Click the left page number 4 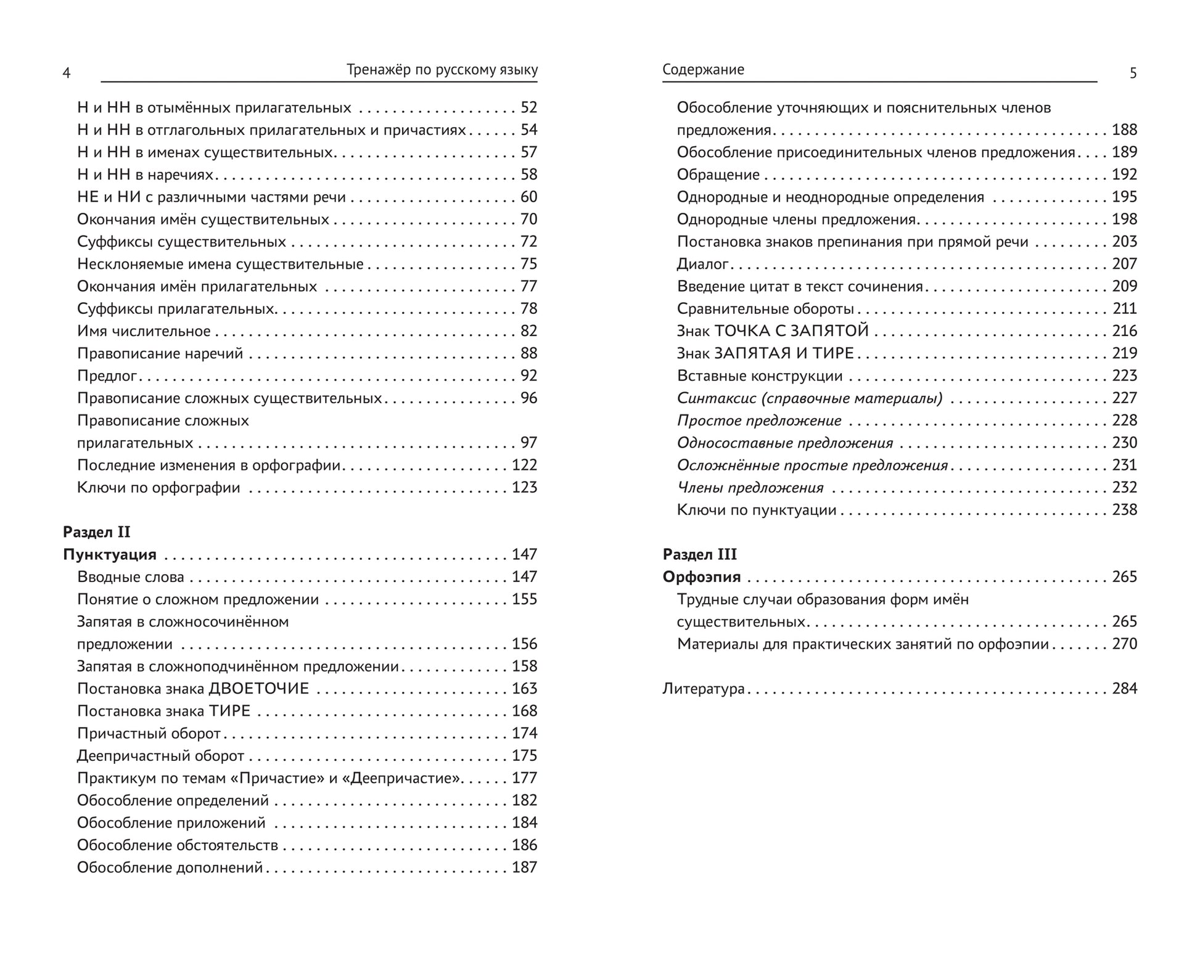[x=67, y=73]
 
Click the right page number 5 [x=1133, y=73]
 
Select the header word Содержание [x=703, y=70]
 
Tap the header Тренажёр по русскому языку [x=442, y=70]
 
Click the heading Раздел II [x=97, y=532]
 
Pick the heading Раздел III [x=700, y=554]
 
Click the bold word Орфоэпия [x=702, y=577]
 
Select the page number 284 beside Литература [x=1124, y=689]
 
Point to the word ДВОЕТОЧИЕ [x=259, y=689]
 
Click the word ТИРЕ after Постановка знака [x=229, y=711]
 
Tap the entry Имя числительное [x=144, y=331]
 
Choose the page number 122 [x=524, y=465]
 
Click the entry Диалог [x=702, y=264]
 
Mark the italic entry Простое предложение [x=759, y=421]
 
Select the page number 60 [x=528, y=197]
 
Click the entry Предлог [x=107, y=376]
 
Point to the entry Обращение [x=718, y=174]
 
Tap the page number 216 [x=1124, y=331]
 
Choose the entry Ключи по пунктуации [x=757, y=510]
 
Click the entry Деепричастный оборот [x=160, y=756]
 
